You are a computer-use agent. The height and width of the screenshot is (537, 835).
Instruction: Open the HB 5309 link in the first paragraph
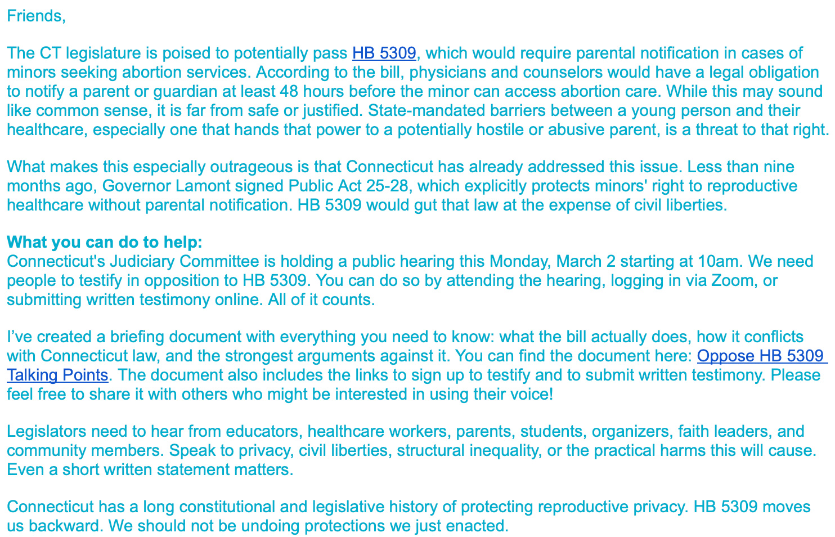384,53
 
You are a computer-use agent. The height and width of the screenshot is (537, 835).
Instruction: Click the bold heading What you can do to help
104,243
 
